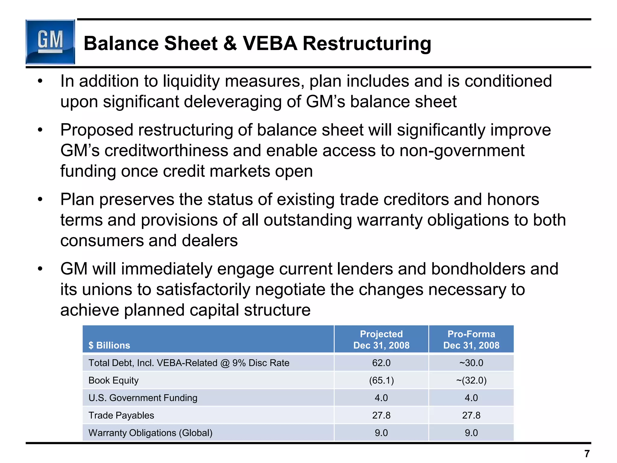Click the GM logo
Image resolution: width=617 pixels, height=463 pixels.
pos(50,42)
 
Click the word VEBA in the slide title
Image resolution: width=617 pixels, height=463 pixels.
pos(270,43)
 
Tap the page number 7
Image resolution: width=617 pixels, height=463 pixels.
pos(587,453)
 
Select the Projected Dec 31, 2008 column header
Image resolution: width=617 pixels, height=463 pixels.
pos(381,339)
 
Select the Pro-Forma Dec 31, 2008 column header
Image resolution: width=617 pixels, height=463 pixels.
pos(471,339)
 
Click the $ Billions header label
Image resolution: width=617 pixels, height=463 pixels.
pos(109,345)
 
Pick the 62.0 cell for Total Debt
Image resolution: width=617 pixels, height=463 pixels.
pos(381,363)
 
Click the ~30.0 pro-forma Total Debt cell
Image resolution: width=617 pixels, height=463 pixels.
pos(471,363)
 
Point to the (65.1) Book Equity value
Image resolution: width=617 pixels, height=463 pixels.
pos(381,380)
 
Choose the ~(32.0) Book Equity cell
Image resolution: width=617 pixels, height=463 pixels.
pos(471,380)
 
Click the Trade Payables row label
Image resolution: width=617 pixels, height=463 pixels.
pos(121,415)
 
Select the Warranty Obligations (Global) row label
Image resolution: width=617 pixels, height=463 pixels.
pos(150,433)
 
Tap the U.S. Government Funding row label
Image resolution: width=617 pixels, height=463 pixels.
pos(143,398)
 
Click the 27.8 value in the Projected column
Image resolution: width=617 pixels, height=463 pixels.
pos(381,415)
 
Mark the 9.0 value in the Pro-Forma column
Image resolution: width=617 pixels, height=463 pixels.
pos(471,433)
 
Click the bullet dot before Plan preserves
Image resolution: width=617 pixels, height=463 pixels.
pos(40,199)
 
